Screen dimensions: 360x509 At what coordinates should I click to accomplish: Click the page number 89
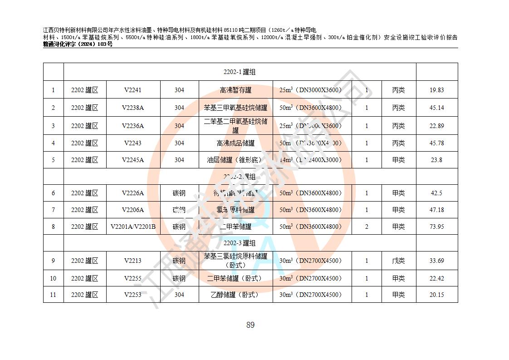click(250, 325)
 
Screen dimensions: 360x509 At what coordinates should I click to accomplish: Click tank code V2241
click(132, 90)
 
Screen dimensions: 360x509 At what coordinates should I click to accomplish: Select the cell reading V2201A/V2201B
click(133, 227)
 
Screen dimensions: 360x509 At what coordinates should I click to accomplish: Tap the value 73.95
click(436, 227)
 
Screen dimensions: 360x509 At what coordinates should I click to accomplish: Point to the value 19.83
click(436, 90)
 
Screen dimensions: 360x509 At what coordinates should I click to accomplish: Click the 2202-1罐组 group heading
click(240, 72)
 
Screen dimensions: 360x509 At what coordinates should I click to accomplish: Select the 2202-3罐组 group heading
click(240, 243)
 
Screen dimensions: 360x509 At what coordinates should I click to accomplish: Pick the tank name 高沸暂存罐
click(235, 90)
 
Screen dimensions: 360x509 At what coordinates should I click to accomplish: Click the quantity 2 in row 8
click(367, 227)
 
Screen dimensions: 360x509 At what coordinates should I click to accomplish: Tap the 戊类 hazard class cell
click(398, 261)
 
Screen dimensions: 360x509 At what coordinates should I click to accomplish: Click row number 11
click(53, 295)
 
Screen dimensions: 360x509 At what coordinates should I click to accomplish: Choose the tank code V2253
click(132, 295)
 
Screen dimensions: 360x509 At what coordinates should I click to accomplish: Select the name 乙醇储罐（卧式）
click(235, 295)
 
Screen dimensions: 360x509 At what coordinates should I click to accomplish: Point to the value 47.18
click(436, 210)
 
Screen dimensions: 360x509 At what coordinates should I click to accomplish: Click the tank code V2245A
click(132, 160)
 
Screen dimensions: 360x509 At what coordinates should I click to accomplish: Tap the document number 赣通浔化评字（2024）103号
click(78, 44)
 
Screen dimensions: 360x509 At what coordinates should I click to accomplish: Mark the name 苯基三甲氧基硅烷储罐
click(235, 108)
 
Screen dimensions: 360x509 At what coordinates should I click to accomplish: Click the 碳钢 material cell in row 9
click(179, 261)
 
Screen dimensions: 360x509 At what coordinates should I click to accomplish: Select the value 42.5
click(436, 193)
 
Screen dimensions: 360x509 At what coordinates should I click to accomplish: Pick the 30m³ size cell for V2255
click(312, 278)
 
